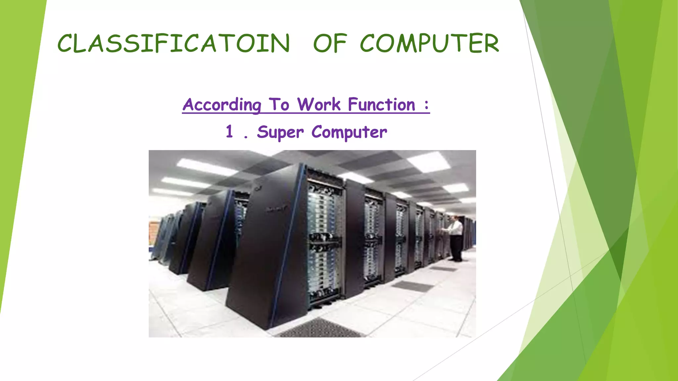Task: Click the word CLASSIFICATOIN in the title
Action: coord(173,43)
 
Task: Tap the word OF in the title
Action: coord(330,43)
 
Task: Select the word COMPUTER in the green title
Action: coord(429,43)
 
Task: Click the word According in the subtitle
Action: coord(222,105)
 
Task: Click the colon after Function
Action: coord(426,105)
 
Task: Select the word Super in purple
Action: coord(280,132)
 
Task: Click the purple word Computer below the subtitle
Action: coord(349,132)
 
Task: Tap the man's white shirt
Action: coord(456,228)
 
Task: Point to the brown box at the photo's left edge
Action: coord(153,233)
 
